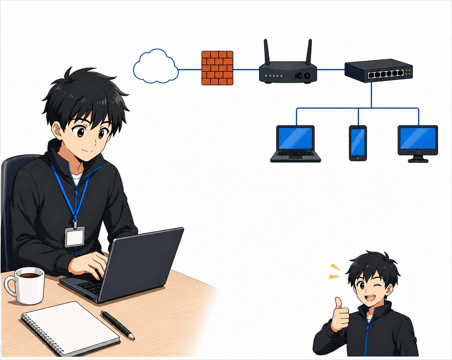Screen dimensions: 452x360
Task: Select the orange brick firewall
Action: point(217,68)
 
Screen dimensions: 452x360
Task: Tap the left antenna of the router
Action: point(267,51)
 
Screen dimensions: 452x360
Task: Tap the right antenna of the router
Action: point(309,51)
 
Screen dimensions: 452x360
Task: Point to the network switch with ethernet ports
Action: point(378,71)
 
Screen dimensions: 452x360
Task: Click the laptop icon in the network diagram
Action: point(295,143)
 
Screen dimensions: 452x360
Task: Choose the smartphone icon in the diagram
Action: point(358,143)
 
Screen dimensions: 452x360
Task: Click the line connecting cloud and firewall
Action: point(190,69)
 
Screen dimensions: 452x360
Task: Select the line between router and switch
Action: point(331,69)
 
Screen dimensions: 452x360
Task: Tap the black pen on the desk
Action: point(117,325)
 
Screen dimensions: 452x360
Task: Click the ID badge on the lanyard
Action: point(75,237)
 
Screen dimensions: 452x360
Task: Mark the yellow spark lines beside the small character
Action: point(335,272)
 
